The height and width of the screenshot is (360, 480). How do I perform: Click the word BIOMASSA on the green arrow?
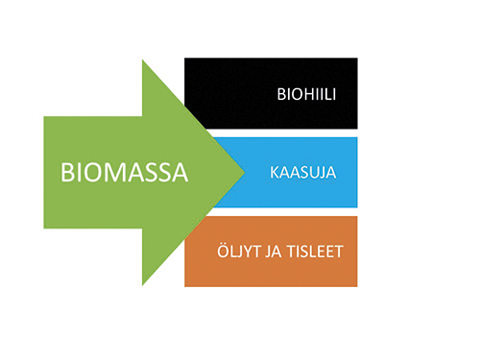[123, 172]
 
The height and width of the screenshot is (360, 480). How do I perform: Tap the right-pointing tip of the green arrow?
[243, 173]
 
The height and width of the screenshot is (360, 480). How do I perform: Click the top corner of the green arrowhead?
[143, 61]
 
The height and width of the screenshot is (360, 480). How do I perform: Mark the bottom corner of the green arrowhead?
[143, 284]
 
